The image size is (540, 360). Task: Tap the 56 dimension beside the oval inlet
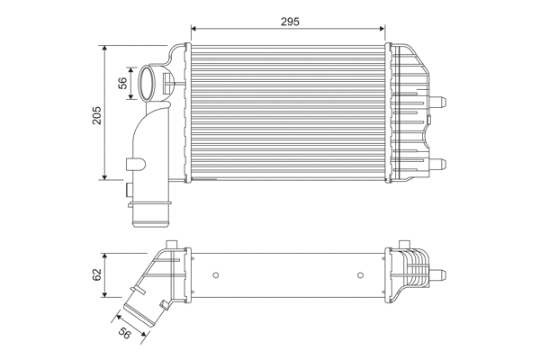coord(123,83)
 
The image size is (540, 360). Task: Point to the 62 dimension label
coord(97,275)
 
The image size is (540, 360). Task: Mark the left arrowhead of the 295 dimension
coord(195,28)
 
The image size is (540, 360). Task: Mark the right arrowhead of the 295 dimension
coord(384,28)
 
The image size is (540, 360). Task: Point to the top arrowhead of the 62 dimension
coord(107,256)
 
